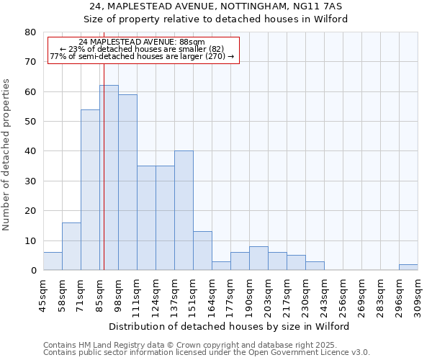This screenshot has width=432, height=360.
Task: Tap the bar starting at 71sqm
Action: (90, 190)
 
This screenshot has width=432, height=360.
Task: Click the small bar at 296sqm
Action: (408, 267)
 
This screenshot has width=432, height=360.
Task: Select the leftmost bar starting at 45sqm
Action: (53, 261)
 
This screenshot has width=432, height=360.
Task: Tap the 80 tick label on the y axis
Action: (30, 32)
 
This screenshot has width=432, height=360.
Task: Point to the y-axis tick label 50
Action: (30, 122)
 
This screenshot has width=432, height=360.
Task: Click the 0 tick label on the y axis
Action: (32, 271)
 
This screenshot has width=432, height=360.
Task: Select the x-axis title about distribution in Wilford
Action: (228, 326)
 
